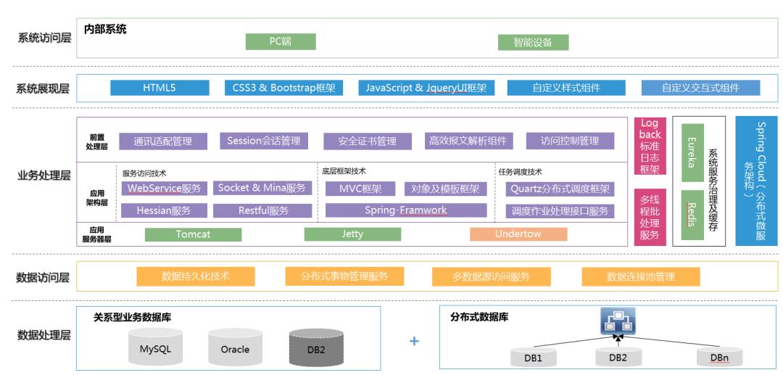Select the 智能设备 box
(533, 42)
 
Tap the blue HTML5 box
(159, 88)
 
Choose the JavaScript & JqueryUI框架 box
(426, 88)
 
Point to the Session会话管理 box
(263, 140)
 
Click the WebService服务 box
(165, 188)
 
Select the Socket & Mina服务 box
(262, 188)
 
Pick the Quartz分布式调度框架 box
(559, 189)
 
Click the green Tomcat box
(193, 234)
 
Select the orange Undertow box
(518, 234)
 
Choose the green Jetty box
(353, 234)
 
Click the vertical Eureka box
(692, 153)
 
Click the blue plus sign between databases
(415, 341)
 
